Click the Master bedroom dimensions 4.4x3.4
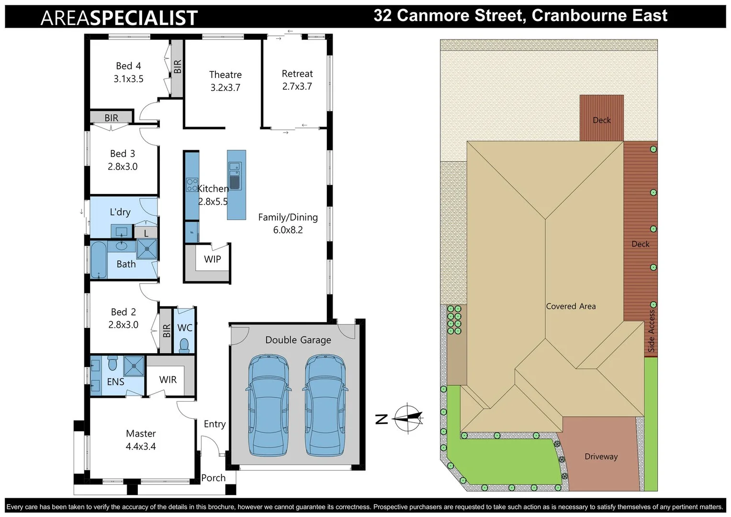click(141, 447)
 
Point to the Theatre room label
click(225, 75)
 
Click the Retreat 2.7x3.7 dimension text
click(297, 87)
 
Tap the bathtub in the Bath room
click(99, 260)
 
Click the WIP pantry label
click(213, 259)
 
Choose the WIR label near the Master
click(168, 380)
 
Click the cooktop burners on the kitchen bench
click(192, 185)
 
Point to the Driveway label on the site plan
click(601, 457)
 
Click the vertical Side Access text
click(652, 331)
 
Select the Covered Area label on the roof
click(571, 306)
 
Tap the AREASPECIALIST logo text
click(119, 18)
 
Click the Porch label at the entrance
click(214, 478)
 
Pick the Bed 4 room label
click(128, 66)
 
